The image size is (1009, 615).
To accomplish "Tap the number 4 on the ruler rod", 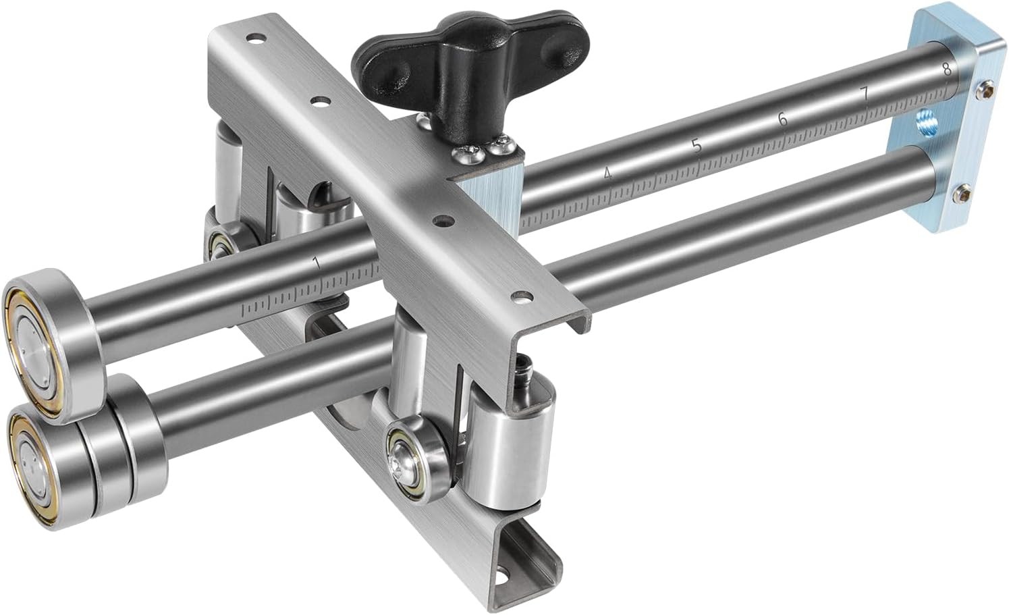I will [x=607, y=173].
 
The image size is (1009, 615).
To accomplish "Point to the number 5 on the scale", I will [x=697, y=145].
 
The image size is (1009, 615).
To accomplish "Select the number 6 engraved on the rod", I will [x=782, y=119].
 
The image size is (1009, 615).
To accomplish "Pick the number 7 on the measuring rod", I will [x=866, y=94].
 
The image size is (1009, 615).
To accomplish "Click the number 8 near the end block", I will [x=946, y=68].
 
